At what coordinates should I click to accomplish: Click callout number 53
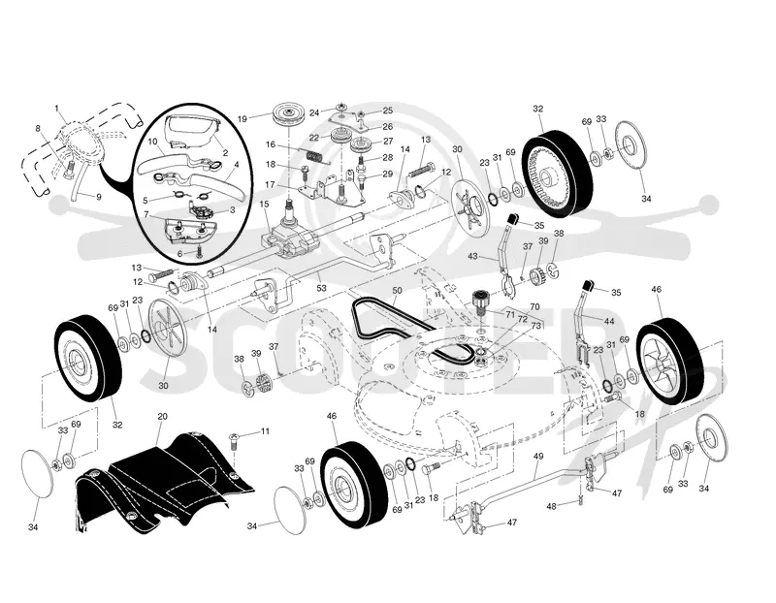tap(322, 287)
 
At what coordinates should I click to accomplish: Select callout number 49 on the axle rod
tap(538, 456)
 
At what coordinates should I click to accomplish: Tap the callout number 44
tap(609, 321)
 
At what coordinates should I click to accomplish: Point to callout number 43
tap(472, 256)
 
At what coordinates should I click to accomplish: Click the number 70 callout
tap(534, 307)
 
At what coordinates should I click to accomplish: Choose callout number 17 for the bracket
tap(270, 184)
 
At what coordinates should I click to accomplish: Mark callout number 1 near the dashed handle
tap(56, 108)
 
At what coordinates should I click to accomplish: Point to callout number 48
tap(551, 506)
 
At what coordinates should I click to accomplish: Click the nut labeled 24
tap(340, 108)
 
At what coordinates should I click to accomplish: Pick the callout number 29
tap(387, 175)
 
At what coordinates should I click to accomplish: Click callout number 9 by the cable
tap(99, 197)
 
